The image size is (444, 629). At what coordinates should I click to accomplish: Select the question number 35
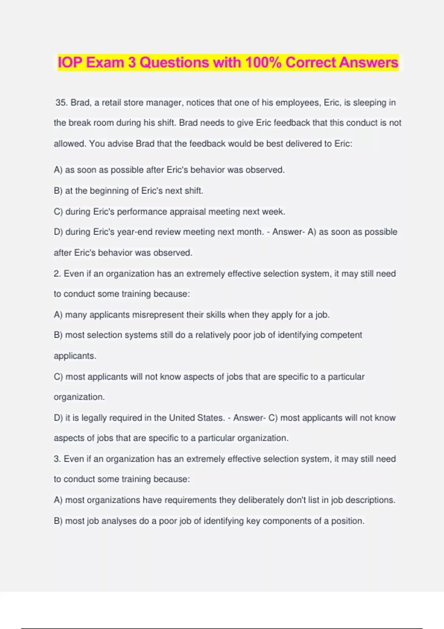tap(61, 102)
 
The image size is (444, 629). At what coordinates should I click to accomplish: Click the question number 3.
tap(57, 459)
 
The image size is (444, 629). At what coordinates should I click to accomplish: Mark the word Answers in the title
tap(368, 62)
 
